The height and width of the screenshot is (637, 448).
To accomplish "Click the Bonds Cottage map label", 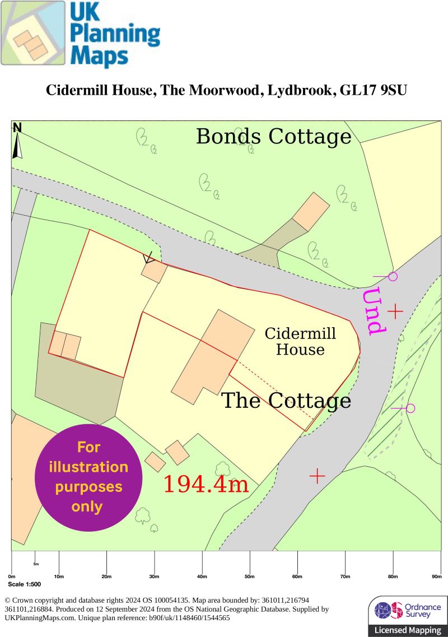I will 273,137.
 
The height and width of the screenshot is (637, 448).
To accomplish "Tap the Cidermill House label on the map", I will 300,342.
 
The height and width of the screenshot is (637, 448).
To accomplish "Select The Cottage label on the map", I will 286,401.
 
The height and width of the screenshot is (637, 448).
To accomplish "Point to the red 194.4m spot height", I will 206,485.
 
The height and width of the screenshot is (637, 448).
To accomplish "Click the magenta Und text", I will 374,311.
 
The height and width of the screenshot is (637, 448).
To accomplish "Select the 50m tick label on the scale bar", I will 250,576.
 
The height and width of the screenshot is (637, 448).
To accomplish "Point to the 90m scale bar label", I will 437,576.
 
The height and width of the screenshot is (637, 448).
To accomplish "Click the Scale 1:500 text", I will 25,584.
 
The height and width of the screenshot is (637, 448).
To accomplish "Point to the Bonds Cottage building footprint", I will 311,211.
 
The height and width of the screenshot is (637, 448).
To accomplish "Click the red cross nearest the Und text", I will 395,311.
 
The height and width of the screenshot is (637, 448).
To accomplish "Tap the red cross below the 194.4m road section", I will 318,476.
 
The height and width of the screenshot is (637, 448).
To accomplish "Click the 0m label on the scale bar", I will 12,576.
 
